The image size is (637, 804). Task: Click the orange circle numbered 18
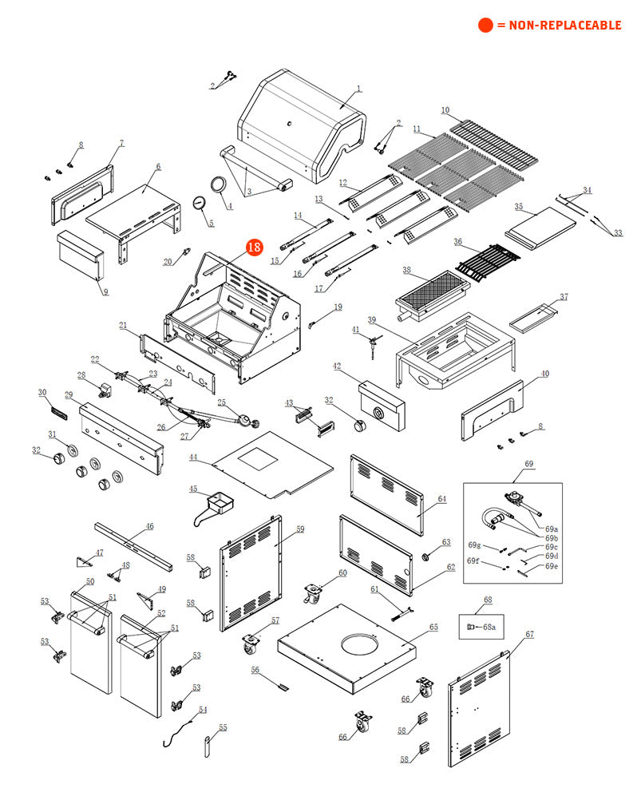pos(254,248)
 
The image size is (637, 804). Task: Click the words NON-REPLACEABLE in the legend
pos(559,26)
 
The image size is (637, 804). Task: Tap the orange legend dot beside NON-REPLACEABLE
pos(485,26)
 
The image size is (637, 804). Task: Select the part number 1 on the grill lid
pos(358,89)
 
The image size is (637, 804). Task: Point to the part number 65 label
pos(433,628)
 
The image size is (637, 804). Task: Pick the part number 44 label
pos(193,457)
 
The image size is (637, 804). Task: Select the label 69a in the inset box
pos(552,529)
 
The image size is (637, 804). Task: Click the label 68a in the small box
pos(489,627)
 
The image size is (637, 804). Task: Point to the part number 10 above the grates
pos(445,110)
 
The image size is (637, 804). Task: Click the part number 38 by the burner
pos(406,271)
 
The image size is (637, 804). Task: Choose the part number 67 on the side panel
pos(529,634)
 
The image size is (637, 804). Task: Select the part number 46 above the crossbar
pos(149,527)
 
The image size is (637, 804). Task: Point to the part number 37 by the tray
pos(564,297)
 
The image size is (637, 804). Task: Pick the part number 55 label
pos(223,727)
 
